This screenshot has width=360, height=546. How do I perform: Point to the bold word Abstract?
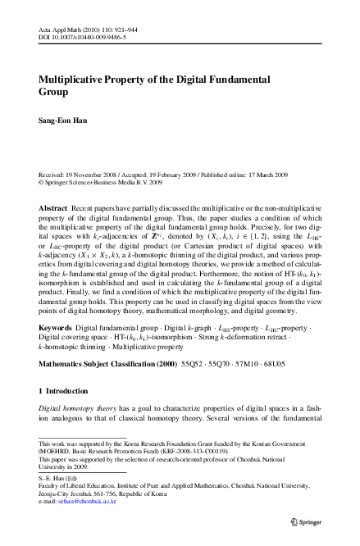click(x=54, y=209)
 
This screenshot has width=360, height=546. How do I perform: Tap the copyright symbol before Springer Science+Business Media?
click(x=42, y=183)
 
